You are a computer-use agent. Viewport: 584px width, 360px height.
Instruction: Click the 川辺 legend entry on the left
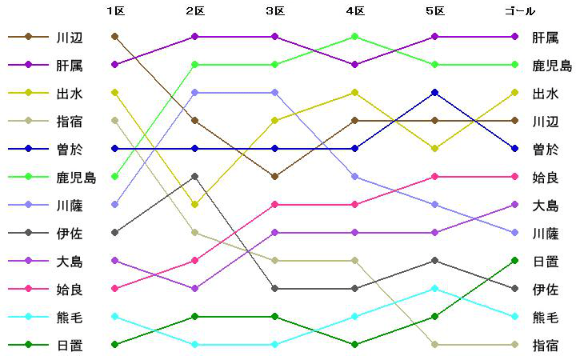click(x=70, y=37)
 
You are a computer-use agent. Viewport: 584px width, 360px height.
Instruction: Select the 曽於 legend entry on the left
click(x=70, y=149)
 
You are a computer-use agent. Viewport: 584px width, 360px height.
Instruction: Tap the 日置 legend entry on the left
click(x=70, y=345)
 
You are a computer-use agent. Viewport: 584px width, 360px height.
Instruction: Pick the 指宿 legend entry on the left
click(x=70, y=121)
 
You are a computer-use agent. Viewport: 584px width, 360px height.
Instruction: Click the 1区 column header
click(x=115, y=11)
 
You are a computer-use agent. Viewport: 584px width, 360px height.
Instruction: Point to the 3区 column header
click(x=275, y=11)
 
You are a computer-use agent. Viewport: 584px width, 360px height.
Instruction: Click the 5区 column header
click(x=434, y=11)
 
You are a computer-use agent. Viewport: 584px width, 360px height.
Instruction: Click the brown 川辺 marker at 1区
click(x=115, y=37)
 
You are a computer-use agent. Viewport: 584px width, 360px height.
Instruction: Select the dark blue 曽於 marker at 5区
click(x=434, y=93)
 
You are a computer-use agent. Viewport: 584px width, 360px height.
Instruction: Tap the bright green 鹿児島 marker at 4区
click(x=354, y=37)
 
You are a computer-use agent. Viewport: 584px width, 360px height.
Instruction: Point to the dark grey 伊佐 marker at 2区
click(x=195, y=177)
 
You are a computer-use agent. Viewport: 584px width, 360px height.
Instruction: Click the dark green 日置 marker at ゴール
click(x=514, y=261)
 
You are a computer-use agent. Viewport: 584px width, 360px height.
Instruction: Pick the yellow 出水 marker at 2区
click(x=195, y=205)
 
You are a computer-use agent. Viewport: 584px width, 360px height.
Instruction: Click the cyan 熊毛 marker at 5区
click(x=434, y=289)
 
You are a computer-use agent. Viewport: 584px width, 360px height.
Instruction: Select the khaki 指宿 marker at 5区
click(x=434, y=345)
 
